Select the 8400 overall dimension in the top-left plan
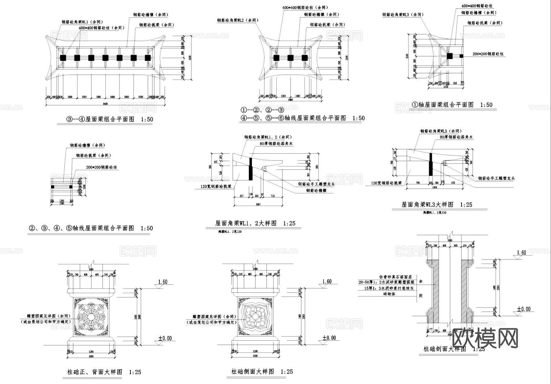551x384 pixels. point(105,104)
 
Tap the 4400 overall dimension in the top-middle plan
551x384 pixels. point(290,100)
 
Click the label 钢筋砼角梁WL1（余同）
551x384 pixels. point(82,22)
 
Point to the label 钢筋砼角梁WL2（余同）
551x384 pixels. point(238,20)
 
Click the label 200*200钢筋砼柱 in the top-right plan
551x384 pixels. point(488,54)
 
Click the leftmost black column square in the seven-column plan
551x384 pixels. point(63,58)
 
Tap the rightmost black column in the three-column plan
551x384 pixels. point(305,58)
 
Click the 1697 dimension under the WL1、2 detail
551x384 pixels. point(258,204)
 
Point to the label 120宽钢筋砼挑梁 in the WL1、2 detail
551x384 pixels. point(214,186)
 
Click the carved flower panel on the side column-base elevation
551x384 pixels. point(256,317)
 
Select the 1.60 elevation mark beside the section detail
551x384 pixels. point(521,253)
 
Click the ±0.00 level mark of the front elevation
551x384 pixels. point(165,338)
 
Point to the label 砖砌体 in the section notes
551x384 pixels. point(389,294)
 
